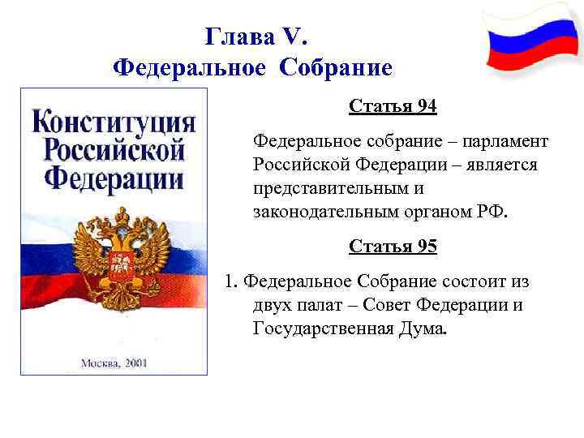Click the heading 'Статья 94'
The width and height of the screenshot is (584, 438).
click(x=393, y=106)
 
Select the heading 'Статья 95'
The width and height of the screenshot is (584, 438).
click(x=393, y=246)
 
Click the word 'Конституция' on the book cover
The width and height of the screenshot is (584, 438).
click(x=114, y=124)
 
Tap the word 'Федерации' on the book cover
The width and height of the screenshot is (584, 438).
click(x=114, y=178)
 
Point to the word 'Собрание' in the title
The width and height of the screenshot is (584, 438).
click(x=336, y=67)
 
